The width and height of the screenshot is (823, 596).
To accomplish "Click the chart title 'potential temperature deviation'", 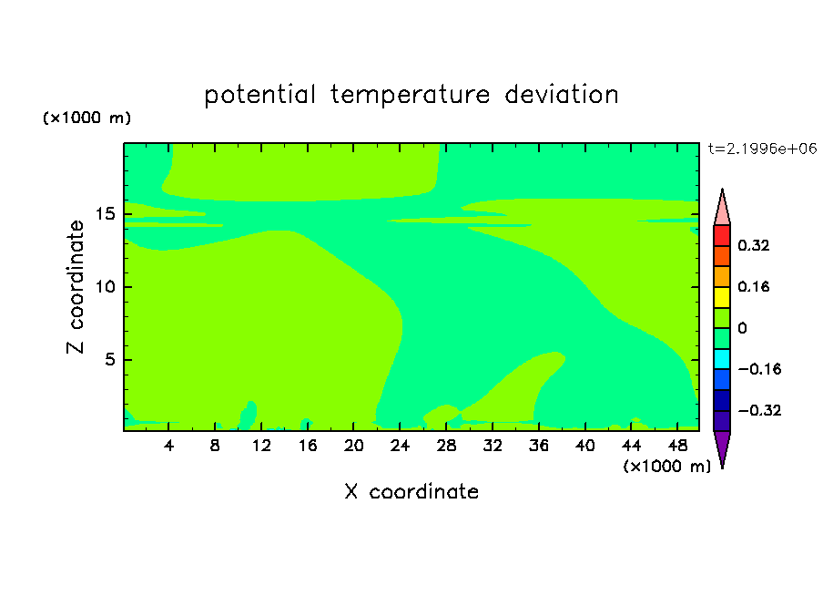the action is tap(411, 96).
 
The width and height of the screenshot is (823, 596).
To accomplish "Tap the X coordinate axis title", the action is tap(411, 491).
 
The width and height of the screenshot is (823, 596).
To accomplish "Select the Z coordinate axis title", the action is tap(76, 287).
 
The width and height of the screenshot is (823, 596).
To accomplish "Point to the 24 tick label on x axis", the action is tap(400, 446).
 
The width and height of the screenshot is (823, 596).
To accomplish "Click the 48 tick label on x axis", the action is tap(677, 446).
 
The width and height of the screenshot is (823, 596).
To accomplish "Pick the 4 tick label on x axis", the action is tap(168, 446).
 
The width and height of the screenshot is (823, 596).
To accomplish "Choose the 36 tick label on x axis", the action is tap(539, 446).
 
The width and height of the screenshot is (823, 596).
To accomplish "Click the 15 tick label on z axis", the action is tap(105, 214).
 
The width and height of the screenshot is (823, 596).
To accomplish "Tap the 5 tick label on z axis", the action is tap(109, 359).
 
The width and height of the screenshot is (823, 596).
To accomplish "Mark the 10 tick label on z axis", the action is tap(105, 287).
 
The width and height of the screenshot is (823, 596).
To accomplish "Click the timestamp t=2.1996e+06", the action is tap(762, 149).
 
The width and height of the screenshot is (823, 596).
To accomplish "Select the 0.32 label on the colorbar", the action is tap(753, 245).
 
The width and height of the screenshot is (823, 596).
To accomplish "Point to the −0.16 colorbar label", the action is tap(759, 369).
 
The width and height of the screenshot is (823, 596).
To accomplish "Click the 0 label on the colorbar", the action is tap(742, 328).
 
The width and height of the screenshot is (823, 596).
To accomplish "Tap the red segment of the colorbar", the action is tap(722, 235).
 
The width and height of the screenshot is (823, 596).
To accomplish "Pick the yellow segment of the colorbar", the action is tap(722, 297).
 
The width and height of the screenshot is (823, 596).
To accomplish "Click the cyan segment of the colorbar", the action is tap(722, 359).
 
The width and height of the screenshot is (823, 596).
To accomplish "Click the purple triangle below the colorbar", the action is tap(722, 447).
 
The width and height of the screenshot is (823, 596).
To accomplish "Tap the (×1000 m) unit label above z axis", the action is tap(86, 118).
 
